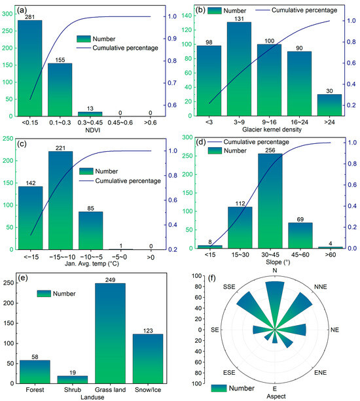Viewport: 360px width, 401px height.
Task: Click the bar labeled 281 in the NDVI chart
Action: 30,68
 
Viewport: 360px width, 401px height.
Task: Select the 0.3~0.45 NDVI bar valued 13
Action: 90,114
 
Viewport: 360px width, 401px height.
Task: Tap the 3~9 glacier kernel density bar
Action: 239,69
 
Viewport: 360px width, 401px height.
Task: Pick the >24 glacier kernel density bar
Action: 329,105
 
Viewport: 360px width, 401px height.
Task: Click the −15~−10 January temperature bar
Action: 61,200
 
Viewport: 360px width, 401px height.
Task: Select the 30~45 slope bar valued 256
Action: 270,201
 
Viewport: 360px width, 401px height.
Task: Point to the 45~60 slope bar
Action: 300,235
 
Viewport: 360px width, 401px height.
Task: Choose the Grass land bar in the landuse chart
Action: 110,333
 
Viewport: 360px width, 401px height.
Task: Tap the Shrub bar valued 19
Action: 73,379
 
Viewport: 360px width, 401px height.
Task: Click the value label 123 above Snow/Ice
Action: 148,331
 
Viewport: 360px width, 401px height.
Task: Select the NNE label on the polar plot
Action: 320,287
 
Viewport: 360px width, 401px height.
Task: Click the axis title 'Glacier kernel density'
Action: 272,130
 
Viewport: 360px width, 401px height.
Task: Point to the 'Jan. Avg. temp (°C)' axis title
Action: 92,264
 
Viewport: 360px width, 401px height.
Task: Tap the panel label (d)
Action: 200,142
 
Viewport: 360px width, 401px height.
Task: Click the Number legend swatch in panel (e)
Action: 44,294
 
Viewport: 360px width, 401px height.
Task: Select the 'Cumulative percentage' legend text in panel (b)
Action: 304,10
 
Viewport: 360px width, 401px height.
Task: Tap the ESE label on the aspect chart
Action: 229,373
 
